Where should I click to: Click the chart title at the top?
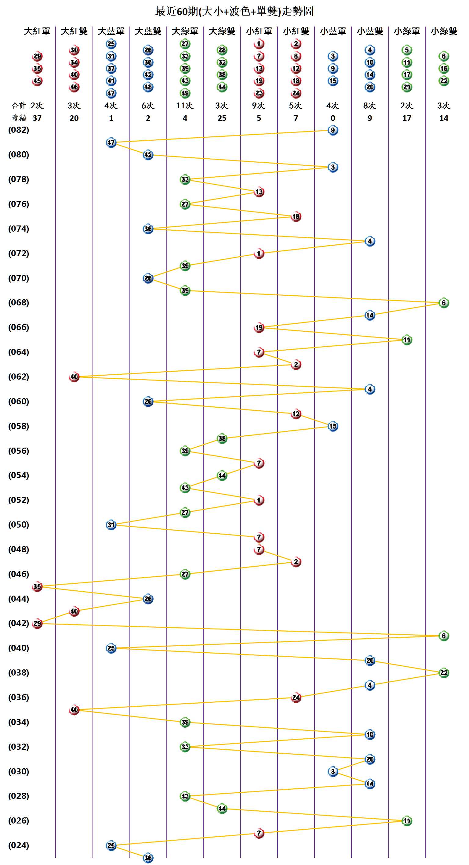(x=234, y=11)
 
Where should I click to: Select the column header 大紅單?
(x=37, y=31)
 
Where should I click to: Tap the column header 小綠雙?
(x=444, y=31)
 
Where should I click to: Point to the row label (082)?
(x=19, y=130)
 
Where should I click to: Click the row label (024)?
(x=19, y=845)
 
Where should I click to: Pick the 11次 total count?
(x=185, y=106)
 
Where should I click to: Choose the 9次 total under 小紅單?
(x=259, y=106)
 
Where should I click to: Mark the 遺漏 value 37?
(x=37, y=118)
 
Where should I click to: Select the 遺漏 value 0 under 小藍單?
(x=333, y=118)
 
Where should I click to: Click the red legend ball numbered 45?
(x=37, y=81)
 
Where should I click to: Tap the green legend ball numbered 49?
(x=185, y=93)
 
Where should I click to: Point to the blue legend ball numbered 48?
(x=148, y=87)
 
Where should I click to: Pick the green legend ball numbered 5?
(x=406, y=50)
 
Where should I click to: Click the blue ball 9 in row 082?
(x=333, y=130)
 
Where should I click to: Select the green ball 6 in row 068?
(x=443, y=303)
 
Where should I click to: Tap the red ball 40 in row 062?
(x=74, y=377)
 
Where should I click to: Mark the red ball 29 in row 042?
(x=37, y=624)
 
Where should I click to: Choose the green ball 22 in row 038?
(x=443, y=673)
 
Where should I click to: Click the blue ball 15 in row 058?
(x=333, y=426)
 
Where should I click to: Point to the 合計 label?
(x=19, y=106)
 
